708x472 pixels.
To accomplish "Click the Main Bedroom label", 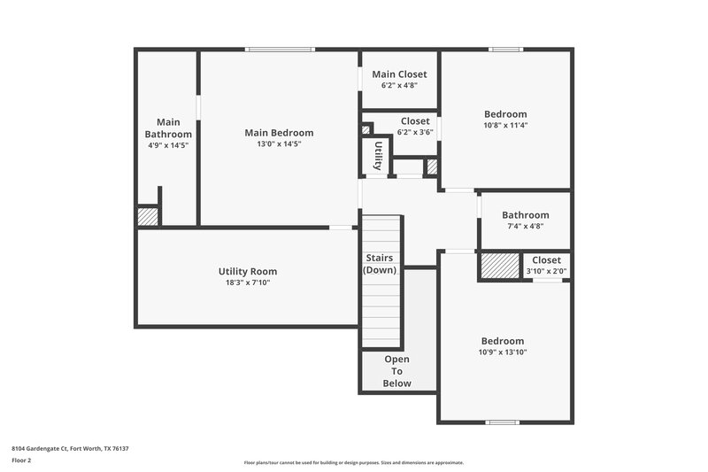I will [x=279, y=133].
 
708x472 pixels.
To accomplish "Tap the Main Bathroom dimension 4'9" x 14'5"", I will [x=168, y=144].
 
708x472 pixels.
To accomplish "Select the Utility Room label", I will [x=248, y=271].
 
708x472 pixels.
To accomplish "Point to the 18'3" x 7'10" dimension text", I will [x=248, y=282].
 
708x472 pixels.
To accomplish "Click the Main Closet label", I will [x=399, y=74].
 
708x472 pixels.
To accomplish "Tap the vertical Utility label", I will [x=378, y=156].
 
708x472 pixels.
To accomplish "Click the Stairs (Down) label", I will [x=381, y=264].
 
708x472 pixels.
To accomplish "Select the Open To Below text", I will [x=397, y=371].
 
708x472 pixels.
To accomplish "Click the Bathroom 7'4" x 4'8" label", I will [x=525, y=215].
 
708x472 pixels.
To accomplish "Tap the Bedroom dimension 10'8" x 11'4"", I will [x=505, y=125].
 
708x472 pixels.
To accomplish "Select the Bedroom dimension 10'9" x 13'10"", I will [x=503, y=352].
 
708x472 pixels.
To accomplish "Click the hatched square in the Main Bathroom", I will [x=148, y=216].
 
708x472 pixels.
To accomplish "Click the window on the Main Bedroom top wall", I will [x=280, y=50].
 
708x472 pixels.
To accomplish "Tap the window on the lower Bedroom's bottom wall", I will [x=503, y=422].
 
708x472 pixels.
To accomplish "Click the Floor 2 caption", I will [x=21, y=460].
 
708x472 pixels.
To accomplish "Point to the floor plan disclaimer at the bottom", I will [x=353, y=462].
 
